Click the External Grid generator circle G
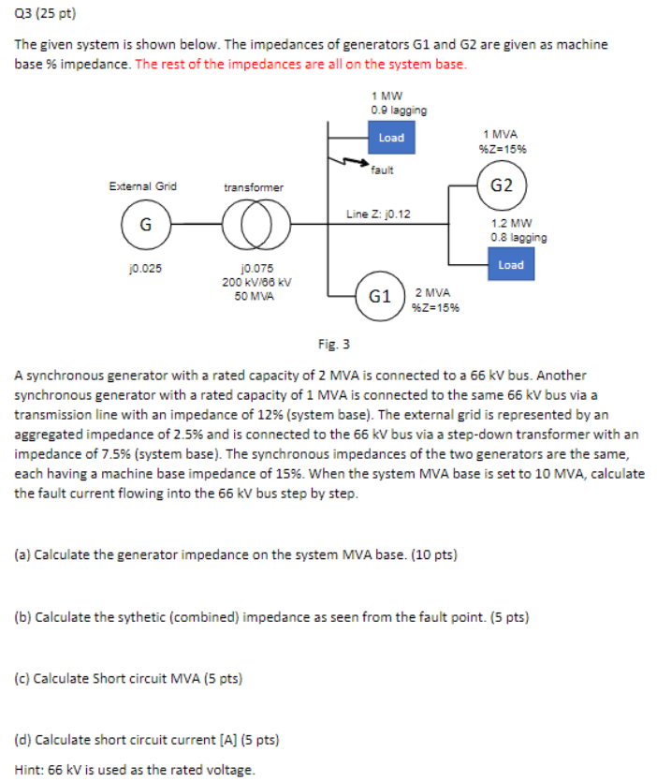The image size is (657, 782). (145, 225)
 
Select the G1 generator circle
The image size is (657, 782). (380, 296)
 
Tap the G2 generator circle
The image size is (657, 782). (502, 184)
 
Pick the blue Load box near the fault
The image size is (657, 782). (391, 138)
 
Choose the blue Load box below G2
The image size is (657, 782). (511, 265)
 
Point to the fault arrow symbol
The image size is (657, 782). (353, 164)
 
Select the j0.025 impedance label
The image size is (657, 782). (145, 268)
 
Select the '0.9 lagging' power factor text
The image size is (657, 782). (399, 110)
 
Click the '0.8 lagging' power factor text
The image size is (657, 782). (518, 237)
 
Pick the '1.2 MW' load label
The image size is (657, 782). (512, 224)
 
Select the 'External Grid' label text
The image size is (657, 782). (142, 186)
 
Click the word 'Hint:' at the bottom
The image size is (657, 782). (29, 769)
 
